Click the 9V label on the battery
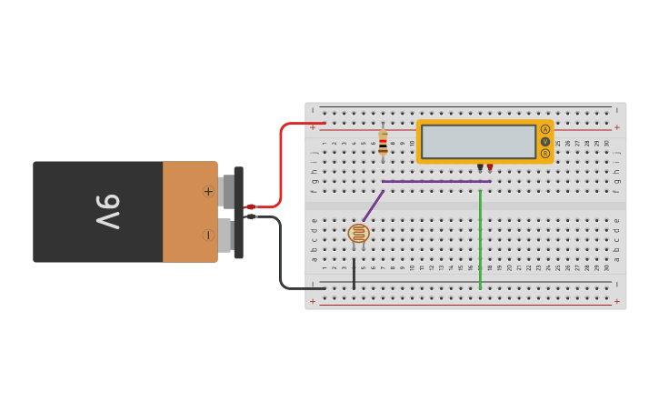pyautogui.click(x=107, y=212)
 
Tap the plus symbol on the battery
pyautogui.click(x=208, y=191)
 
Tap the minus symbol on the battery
pyautogui.click(x=208, y=235)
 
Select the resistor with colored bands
pyautogui.click(x=383, y=142)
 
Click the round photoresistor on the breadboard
pyautogui.click(x=359, y=233)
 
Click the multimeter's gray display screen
pyautogui.click(x=478, y=141)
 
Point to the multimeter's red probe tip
pyautogui.click(x=490, y=167)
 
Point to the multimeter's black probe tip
pyautogui.click(x=480, y=167)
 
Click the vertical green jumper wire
pyautogui.click(x=480, y=236)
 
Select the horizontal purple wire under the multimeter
pyautogui.click(x=436, y=181)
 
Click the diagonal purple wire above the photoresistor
pyautogui.click(x=373, y=206)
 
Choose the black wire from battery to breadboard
pyautogui.click(x=281, y=255)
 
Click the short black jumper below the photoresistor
pyautogui.click(x=354, y=273)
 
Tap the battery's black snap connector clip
pyautogui.click(x=239, y=212)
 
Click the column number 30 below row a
pyautogui.click(x=606, y=267)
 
